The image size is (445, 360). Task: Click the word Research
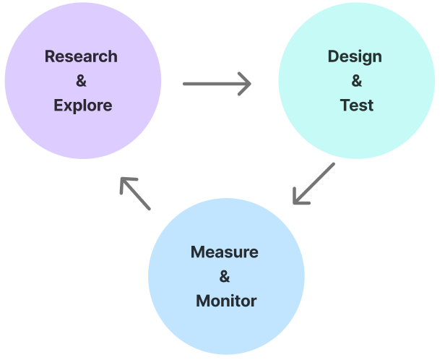[81, 56]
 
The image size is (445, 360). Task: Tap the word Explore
[82, 106]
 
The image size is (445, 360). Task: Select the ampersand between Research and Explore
[81, 81]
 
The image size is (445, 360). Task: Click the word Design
[355, 57]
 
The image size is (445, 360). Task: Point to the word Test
[357, 106]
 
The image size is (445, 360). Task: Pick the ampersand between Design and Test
[357, 81]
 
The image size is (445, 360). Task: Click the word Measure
[225, 252]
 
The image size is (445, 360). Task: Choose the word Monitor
[226, 301]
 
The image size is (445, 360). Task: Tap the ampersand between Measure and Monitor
[225, 277]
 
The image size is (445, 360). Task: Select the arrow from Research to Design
[217, 84]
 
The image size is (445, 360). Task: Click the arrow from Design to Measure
[314, 184]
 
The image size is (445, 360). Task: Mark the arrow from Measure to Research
[135, 193]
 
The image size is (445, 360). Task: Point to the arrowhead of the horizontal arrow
[246, 84]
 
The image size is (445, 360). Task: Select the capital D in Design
[332, 56]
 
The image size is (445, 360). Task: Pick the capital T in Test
[345, 106]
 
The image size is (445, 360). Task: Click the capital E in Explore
[59, 106]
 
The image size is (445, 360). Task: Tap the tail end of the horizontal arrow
[186, 84]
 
